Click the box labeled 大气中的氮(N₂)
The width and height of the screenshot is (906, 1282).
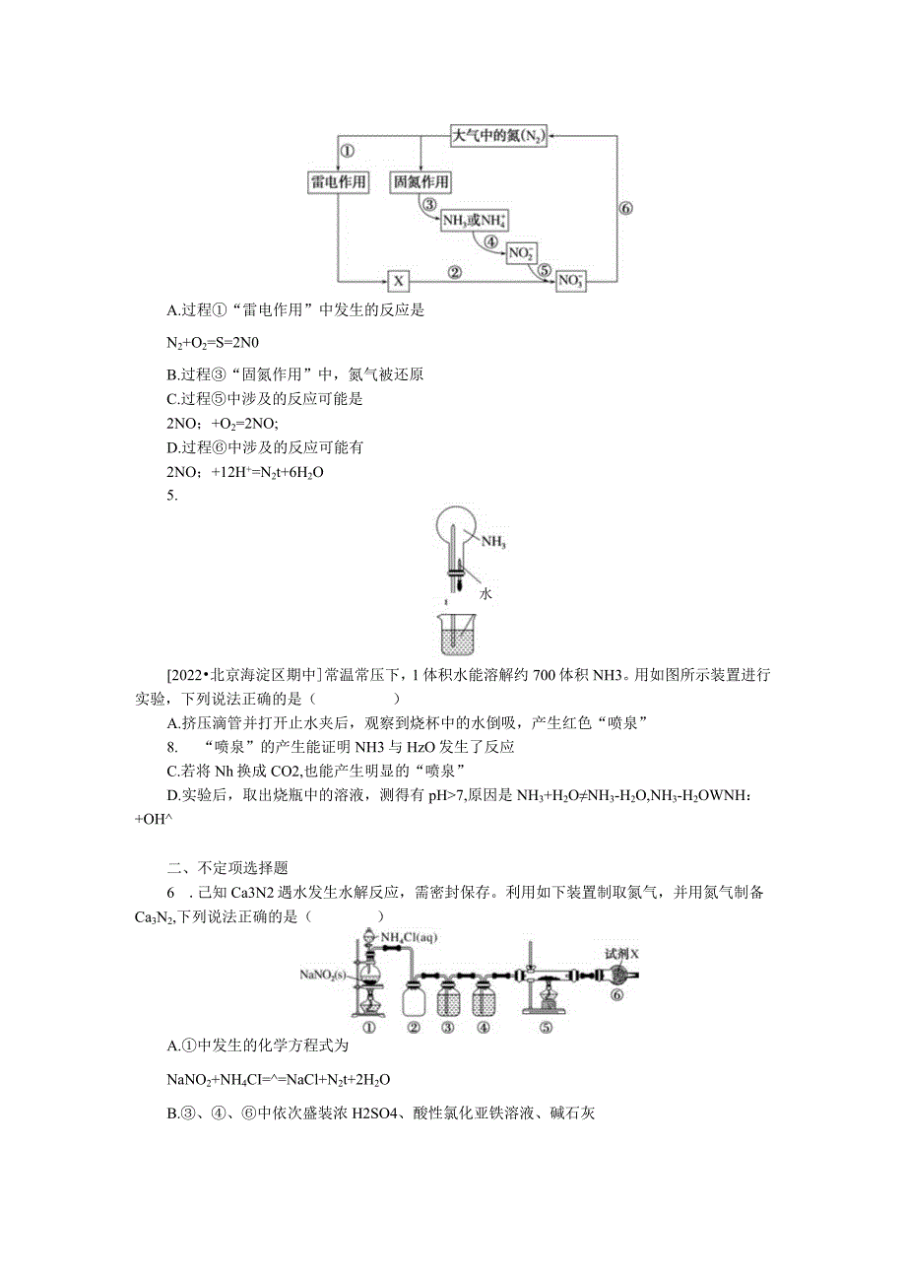click(x=498, y=136)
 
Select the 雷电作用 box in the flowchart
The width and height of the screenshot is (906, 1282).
click(x=338, y=182)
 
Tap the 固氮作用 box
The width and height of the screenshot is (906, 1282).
click(x=421, y=182)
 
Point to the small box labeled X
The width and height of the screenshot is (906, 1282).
click(x=398, y=282)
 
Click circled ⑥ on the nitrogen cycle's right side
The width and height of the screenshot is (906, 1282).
click(x=625, y=208)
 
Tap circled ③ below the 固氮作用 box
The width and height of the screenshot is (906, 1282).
click(x=428, y=204)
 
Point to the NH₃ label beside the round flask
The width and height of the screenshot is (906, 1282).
click(x=493, y=542)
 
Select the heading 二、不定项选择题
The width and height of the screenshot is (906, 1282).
click(x=227, y=868)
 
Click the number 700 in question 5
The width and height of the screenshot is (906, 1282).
click(x=546, y=676)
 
